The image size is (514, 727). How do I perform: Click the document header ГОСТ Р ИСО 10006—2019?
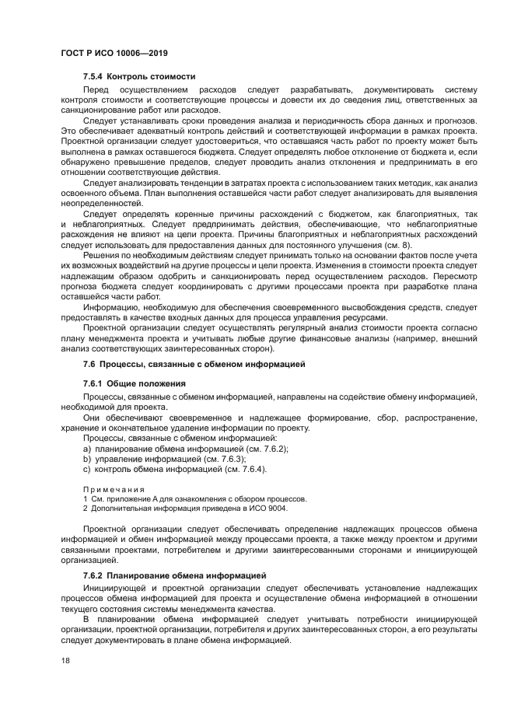(x=114, y=53)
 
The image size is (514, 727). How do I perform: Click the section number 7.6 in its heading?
(x=89, y=364)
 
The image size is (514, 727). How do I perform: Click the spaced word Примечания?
(x=114, y=489)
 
